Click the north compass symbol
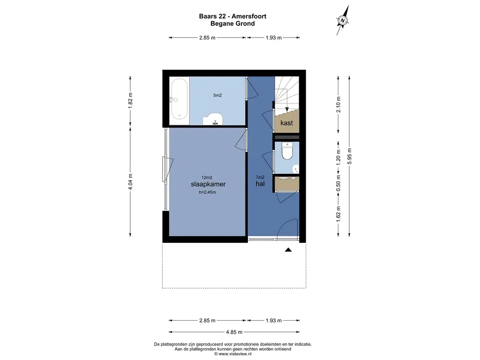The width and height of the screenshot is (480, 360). [x=343, y=21]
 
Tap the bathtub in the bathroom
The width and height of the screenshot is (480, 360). [x=179, y=99]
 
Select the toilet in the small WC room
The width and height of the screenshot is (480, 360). [x=287, y=151]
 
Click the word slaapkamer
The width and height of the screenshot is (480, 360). [x=208, y=184]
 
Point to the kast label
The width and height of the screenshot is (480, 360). [x=286, y=123]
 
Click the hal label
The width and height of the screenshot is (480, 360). [x=260, y=184]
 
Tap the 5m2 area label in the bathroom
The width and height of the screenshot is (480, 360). [x=217, y=95]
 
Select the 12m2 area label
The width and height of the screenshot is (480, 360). [x=207, y=177]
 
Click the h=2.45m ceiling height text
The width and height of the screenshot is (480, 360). [x=207, y=192]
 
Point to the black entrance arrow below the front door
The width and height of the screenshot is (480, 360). [x=288, y=250]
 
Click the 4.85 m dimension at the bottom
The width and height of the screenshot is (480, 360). [x=234, y=332]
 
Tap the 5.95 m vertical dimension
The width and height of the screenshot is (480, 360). [x=349, y=156]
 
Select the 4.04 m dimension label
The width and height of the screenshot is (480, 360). [x=130, y=182]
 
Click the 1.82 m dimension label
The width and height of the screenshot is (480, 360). [x=130, y=100]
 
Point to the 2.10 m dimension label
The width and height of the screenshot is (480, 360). [x=338, y=105]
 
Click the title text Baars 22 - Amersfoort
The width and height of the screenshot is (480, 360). [x=232, y=16]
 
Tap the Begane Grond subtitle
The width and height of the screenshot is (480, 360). [x=232, y=23]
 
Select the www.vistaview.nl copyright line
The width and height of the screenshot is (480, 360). [x=232, y=354]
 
